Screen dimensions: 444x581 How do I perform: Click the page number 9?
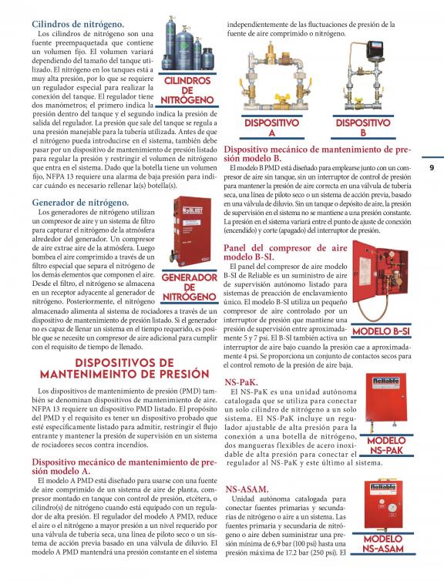click(x=432, y=167)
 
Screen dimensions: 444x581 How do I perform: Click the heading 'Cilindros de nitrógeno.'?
click(x=78, y=25)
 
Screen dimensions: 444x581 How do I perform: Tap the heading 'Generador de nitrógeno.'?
click(x=80, y=203)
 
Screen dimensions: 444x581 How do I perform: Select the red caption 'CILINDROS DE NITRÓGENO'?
click(x=187, y=90)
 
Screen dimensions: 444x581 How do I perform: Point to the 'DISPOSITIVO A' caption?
click(x=271, y=128)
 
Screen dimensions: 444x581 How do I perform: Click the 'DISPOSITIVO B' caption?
click(x=363, y=128)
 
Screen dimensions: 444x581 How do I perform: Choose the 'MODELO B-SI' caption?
click(x=381, y=331)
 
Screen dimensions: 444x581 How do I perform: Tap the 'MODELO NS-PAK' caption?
click(x=386, y=445)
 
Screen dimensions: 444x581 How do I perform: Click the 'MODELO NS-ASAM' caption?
click(x=383, y=543)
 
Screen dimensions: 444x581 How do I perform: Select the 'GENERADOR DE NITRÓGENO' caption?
click(x=190, y=287)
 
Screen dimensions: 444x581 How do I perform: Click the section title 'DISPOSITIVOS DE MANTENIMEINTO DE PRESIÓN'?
click(x=125, y=368)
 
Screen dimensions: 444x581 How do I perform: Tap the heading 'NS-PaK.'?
click(x=241, y=382)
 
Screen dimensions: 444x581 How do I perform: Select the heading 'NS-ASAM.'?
click(x=247, y=489)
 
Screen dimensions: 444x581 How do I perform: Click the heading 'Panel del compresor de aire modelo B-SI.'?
click(x=285, y=252)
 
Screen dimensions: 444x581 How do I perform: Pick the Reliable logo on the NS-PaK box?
click(x=386, y=381)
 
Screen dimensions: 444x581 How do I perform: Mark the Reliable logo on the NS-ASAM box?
click(x=382, y=487)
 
